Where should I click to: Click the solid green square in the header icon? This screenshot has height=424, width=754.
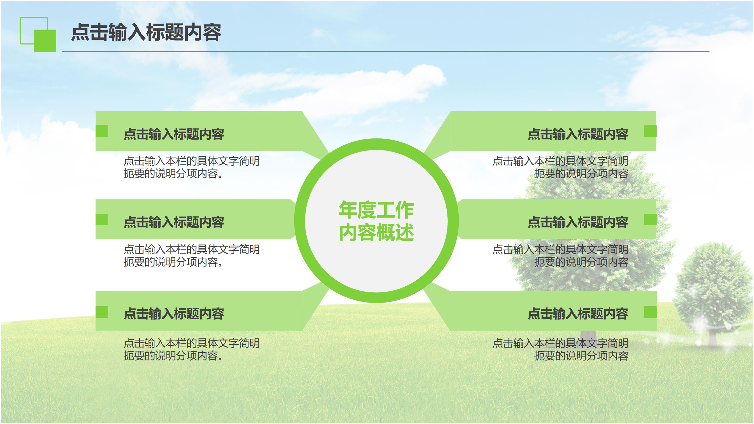(45, 41)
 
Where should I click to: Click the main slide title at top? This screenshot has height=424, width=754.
(146, 32)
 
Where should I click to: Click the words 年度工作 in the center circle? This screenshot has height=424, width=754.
(376, 210)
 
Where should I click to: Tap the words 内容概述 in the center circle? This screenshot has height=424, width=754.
(376, 232)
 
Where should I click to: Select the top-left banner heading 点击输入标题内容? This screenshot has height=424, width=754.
(174, 134)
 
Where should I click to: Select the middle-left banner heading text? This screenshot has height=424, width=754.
(174, 222)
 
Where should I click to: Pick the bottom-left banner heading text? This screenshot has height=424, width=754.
(174, 314)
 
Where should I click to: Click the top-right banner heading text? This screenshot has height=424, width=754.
(578, 134)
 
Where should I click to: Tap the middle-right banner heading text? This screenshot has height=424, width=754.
(578, 222)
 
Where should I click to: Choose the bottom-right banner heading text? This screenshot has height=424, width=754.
(578, 314)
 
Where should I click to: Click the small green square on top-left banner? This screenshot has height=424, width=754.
(102, 131)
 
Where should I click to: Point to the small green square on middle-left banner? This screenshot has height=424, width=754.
(102, 220)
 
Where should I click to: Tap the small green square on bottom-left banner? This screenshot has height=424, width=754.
(102, 312)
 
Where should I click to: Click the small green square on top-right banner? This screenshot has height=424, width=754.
(650, 131)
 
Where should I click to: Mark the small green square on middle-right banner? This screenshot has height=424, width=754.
(650, 220)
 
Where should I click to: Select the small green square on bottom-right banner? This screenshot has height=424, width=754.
(650, 312)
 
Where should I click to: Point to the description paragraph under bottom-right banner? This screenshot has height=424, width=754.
(560, 349)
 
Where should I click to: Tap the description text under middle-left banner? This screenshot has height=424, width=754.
(191, 256)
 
